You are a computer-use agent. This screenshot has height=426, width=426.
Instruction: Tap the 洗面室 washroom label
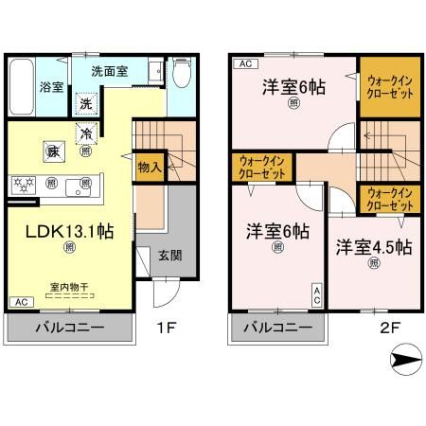click(111, 70)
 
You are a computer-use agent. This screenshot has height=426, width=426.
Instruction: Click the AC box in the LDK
click(19, 302)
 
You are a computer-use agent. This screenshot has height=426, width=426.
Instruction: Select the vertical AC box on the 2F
click(317, 294)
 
